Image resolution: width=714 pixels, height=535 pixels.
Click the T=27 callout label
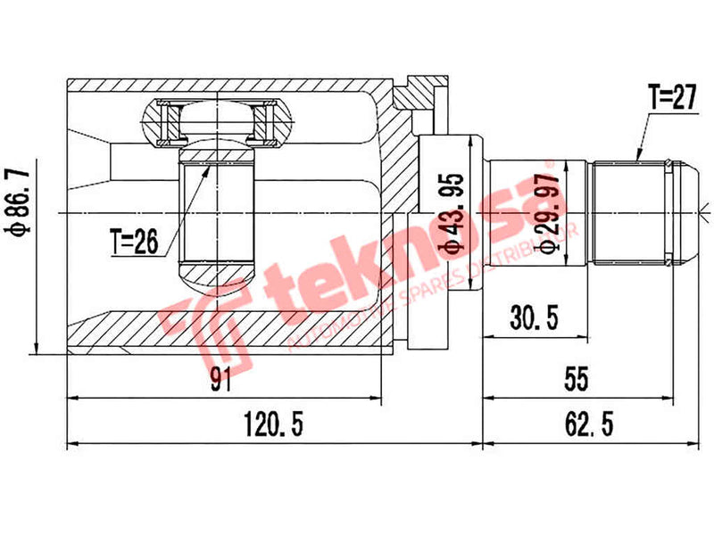click(x=670, y=99)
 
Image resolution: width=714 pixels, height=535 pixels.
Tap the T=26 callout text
click(x=135, y=242)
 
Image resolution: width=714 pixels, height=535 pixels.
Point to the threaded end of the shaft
click(x=628, y=211)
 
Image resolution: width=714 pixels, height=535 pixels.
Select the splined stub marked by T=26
click(x=217, y=214)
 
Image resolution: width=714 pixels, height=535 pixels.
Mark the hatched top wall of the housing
click(x=223, y=86)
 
